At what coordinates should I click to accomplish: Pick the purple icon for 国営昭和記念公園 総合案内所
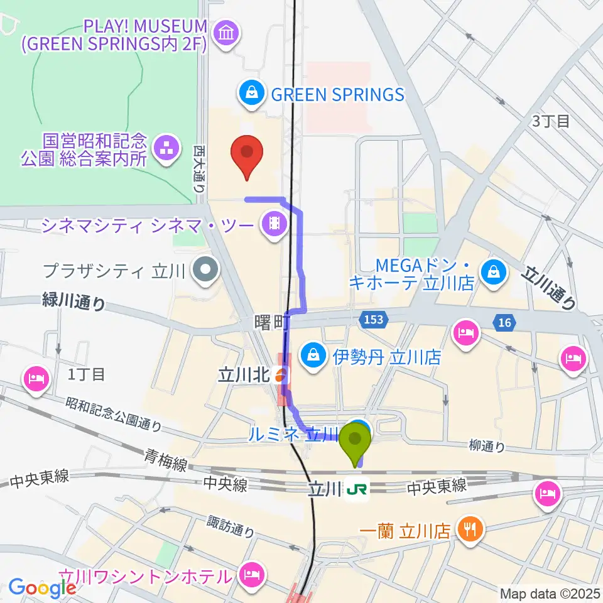166,148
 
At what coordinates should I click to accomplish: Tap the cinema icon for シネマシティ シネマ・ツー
274,224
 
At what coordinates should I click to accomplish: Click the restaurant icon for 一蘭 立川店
469,530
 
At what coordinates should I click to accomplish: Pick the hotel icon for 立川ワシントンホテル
252,574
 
